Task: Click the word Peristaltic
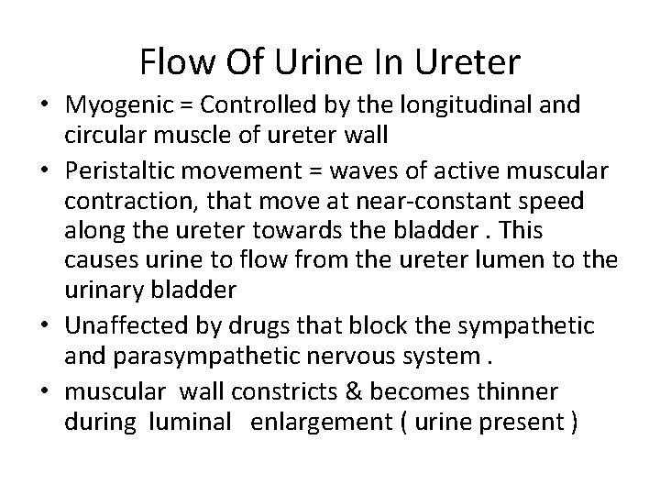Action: pos(117,170)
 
